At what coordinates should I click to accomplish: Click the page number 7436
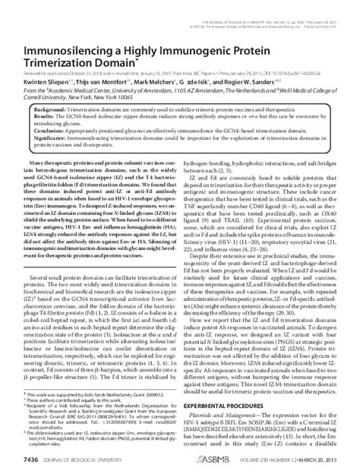coord(25,459)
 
